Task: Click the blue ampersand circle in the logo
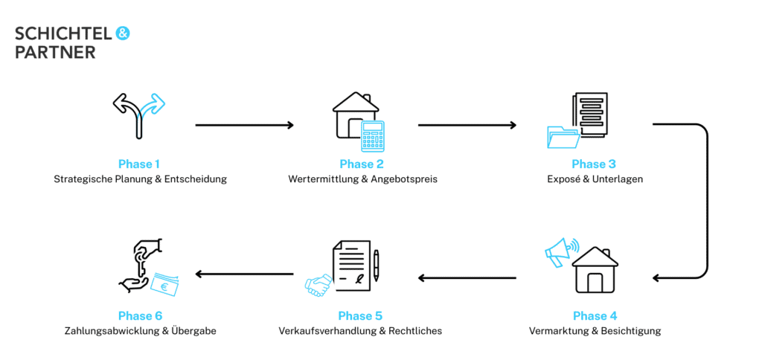point(123,33)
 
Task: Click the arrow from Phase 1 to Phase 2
point(244,125)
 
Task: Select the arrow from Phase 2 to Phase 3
point(467,125)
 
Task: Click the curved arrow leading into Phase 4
point(703,201)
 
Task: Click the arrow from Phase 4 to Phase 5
point(467,278)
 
